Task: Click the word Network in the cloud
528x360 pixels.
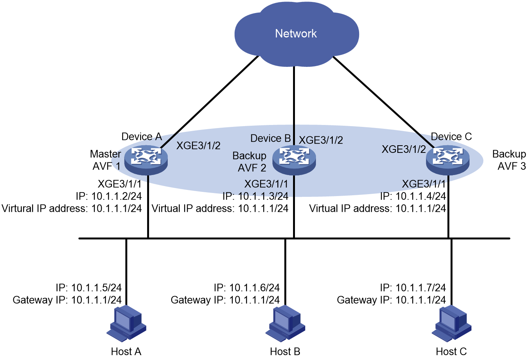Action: (296, 34)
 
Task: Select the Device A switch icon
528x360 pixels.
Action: (146, 160)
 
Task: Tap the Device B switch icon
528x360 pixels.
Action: (294, 160)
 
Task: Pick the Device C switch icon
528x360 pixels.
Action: (448, 160)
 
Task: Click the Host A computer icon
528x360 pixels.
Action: (126, 323)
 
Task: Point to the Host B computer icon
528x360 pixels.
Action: (285, 323)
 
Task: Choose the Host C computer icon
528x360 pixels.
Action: (451, 323)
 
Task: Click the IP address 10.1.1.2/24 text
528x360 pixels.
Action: (117, 196)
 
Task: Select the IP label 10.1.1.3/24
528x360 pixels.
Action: (263, 196)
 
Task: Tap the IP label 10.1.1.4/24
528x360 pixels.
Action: (421, 196)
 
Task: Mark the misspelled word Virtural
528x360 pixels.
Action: (18, 208)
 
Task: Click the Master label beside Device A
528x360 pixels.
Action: (105, 154)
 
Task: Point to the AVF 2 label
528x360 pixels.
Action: (252, 168)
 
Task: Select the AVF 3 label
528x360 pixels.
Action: (512, 166)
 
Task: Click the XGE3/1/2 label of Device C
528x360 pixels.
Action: (404, 149)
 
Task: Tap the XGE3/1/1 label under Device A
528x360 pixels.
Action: (120, 184)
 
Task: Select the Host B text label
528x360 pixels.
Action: (285, 352)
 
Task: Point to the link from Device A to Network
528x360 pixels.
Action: (209, 102)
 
